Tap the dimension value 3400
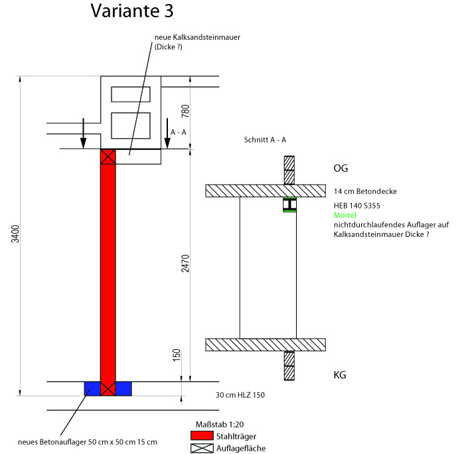(x=16, y=234)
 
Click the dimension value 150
(x=176, y=355)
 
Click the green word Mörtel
(x=345, y=216)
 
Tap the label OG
(x=341, y=168)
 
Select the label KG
(x=340, y=375)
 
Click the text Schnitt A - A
(x=265, y=140)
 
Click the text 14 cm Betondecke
(x=365, y=191)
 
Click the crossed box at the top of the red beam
(x=108, y=157)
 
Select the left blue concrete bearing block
(x=92, y=388)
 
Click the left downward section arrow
(x=83, y=133)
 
